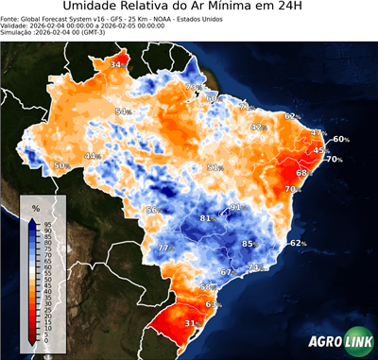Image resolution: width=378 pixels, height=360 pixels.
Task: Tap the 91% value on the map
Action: (x=236, y=207)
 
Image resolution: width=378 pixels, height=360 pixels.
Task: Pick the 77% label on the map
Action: (x=163, y=248)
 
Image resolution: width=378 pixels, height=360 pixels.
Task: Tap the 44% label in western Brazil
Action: (x=93, y=156)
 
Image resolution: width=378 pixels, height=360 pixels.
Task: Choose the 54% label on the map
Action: (x=122, y=111)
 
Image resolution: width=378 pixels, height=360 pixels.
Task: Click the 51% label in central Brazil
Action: (x=215, y=167)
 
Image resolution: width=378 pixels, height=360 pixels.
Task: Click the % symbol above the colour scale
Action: (x=36, y=207)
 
